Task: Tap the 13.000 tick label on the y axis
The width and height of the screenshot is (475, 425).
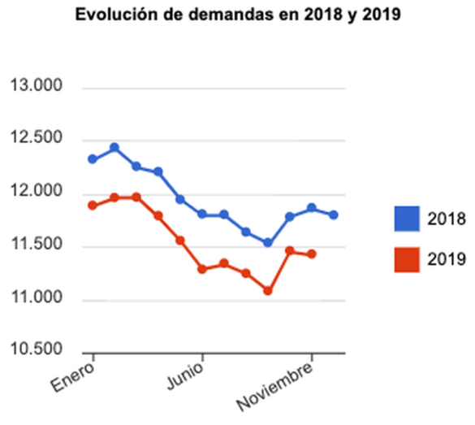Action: point(37,88)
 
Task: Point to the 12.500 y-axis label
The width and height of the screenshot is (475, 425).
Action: point(37,141)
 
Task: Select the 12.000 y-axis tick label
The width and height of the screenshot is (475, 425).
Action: point(37,193)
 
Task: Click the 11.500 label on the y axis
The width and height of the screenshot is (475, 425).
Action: point(37,247)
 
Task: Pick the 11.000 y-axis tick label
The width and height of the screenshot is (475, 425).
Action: point(37,300)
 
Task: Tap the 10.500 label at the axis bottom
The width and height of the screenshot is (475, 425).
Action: point(37,351)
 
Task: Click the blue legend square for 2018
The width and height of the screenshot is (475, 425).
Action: point(407,219)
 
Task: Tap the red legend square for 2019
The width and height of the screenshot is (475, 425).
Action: point(407,259)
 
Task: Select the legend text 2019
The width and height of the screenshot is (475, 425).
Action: point(447,260)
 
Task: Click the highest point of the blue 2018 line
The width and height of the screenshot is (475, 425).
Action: point(114,148)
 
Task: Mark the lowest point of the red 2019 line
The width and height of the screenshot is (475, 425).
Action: point(268,290)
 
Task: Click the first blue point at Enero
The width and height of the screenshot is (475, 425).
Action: point(93,159)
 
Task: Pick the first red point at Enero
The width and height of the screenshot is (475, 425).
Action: point(93,206)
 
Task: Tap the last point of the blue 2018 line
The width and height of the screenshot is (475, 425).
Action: point(334,215)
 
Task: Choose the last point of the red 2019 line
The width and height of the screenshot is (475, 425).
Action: point(312,254)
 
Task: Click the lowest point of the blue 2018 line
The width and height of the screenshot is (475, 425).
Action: point(268,242)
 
